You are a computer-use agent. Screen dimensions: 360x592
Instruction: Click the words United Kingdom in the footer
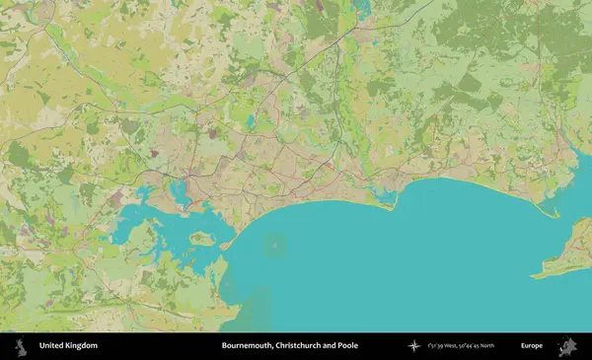(x=68, y=346)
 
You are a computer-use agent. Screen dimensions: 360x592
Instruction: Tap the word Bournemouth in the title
(x=253, y=346)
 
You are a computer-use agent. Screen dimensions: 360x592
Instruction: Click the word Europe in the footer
(x=533, y=346)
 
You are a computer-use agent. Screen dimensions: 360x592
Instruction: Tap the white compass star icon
(x=414, y=346)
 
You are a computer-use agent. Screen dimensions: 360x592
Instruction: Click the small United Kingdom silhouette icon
(x=19, y=346)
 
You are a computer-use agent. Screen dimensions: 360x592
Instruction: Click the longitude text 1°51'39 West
(x=447, y=346)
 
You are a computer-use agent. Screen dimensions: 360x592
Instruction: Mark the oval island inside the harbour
(x=201, y=238)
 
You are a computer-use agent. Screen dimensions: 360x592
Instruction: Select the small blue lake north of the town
(x=251, y=122)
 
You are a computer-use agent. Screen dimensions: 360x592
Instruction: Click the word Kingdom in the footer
(x=81, y=346)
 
